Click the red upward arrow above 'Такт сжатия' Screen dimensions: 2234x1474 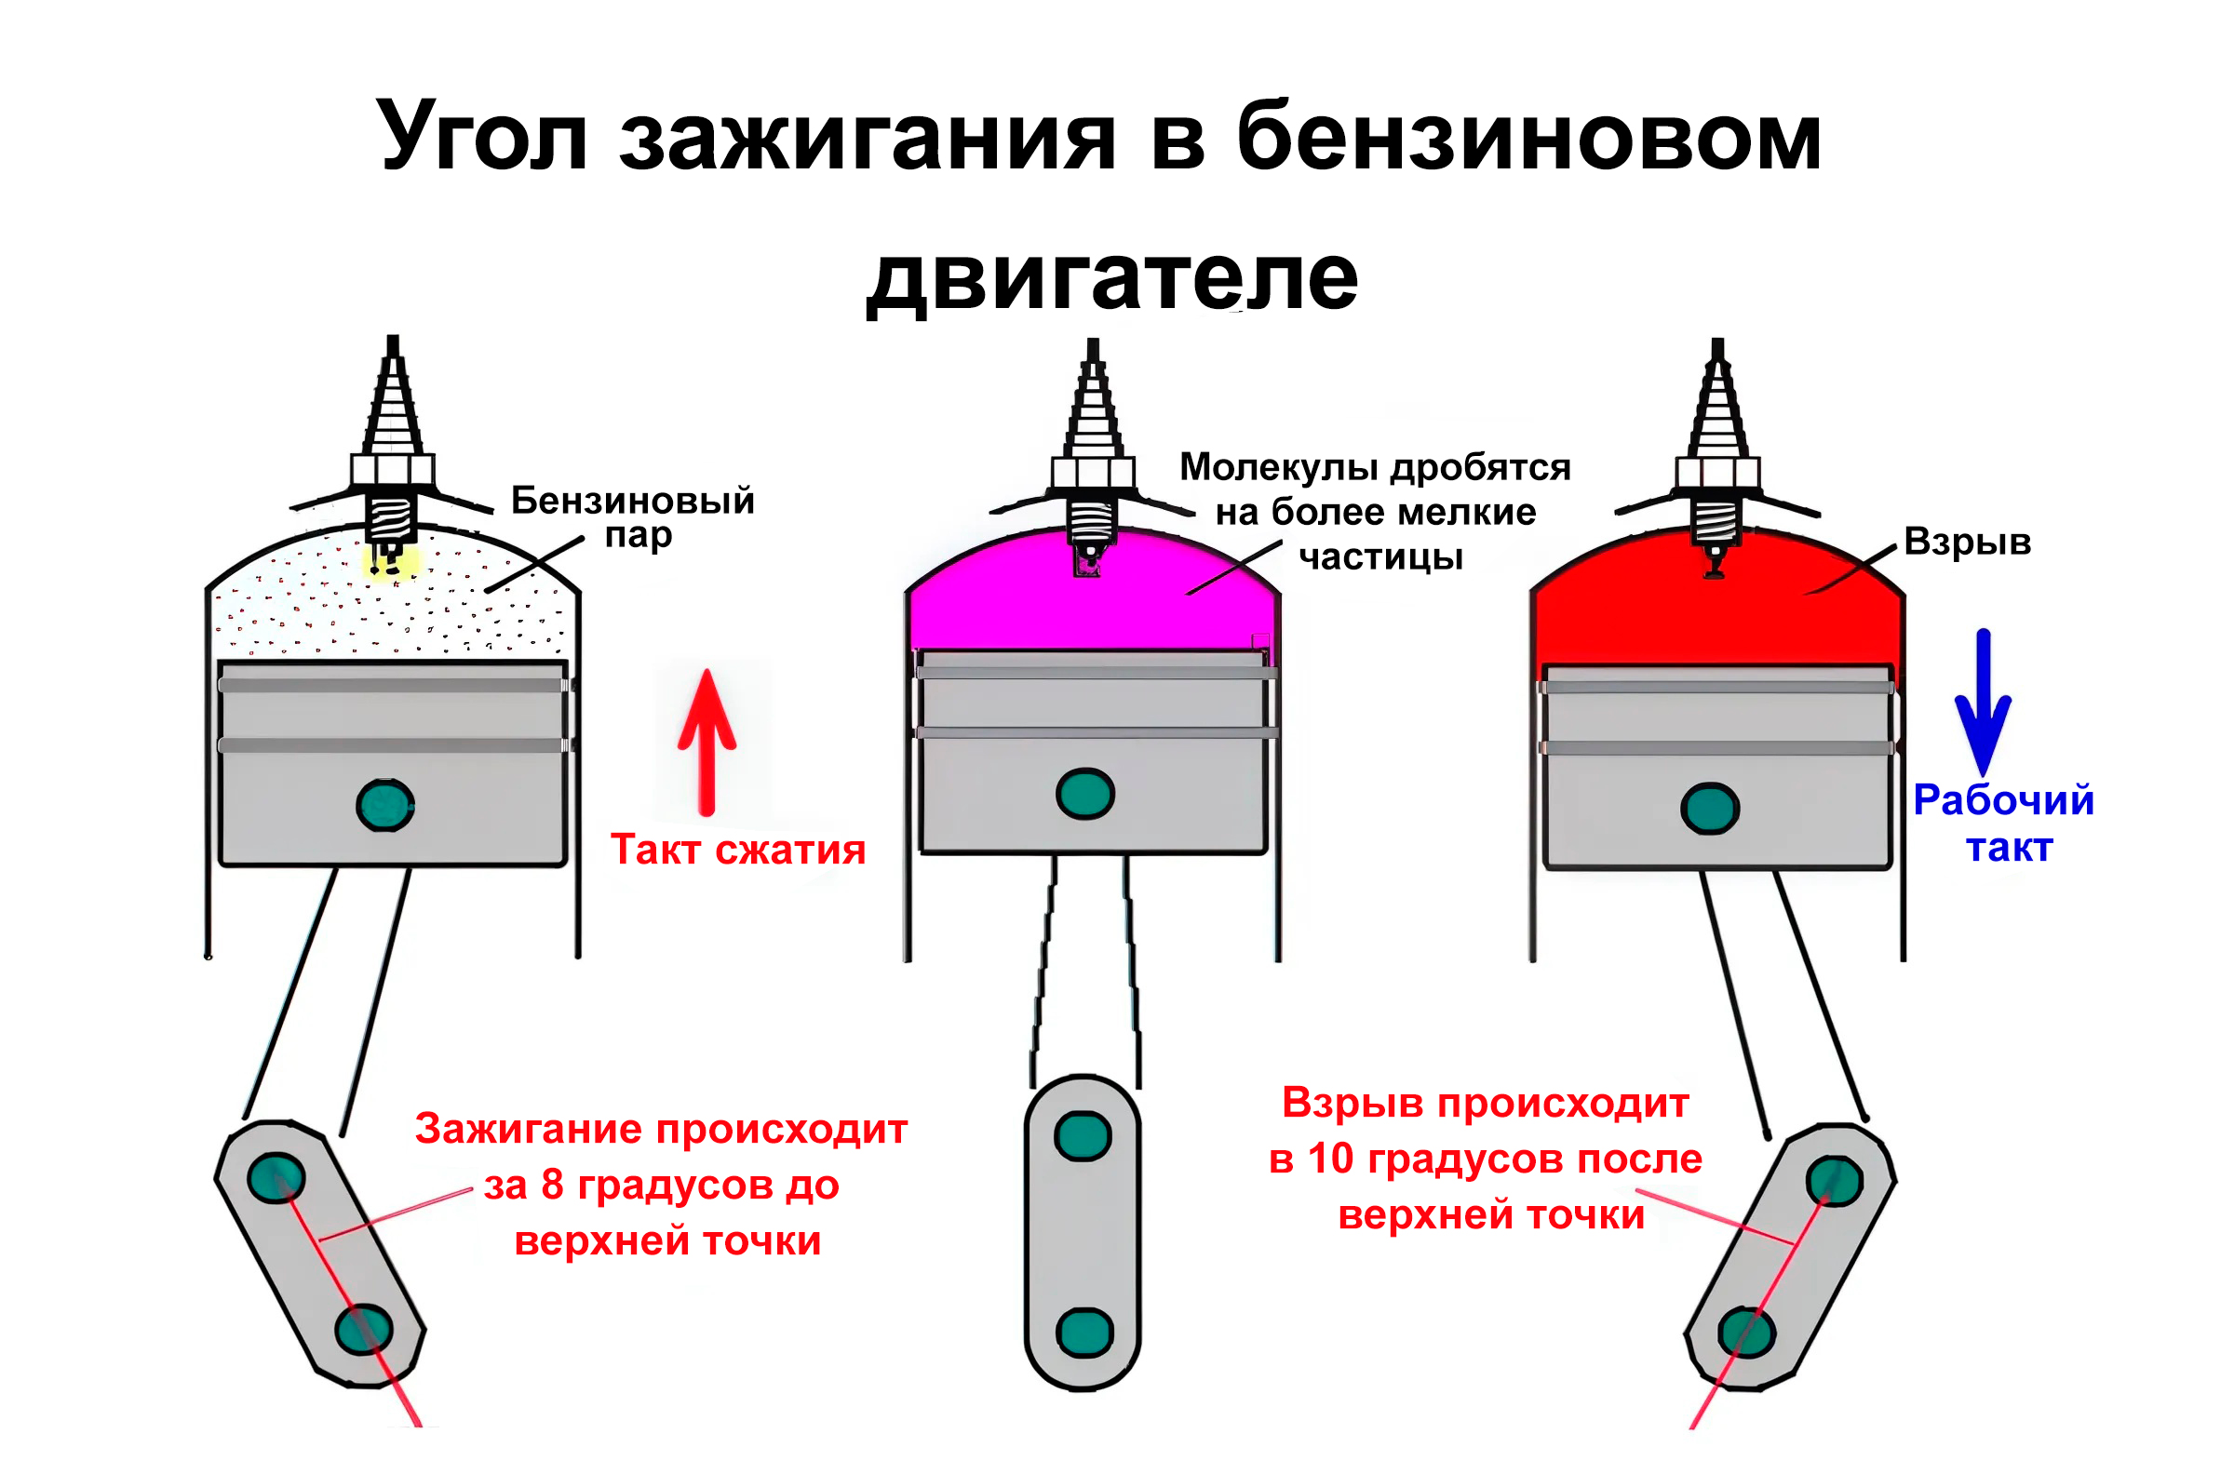(707, 742)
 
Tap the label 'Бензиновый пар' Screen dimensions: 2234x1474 (633, 517)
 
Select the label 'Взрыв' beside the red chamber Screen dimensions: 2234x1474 (1967, 543)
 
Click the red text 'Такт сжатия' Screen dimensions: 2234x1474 (738, 850)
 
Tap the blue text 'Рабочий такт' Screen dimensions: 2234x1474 (2004, 824)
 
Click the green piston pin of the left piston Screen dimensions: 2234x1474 (385, 805)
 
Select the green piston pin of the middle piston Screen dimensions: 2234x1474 (1085, 795)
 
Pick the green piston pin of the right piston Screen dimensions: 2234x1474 (1709, 809)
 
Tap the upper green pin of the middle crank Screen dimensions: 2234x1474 (1083, 1136)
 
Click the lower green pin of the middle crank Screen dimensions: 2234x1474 (1084, 1333)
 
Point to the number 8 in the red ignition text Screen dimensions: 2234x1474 (552, 1186)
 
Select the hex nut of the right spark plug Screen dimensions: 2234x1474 (1716, 473)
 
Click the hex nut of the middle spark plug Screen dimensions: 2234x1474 (1093, 472)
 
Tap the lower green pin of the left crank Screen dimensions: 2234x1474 (364, 1329)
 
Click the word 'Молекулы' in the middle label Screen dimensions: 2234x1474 (1281, 467)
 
